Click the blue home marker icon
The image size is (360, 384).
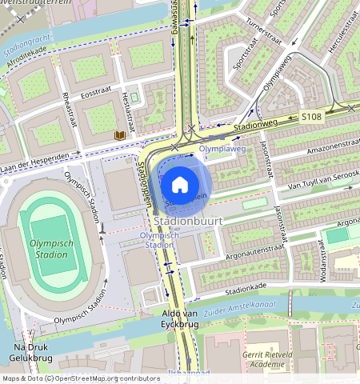[x=180, y=185]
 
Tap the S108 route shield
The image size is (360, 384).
[x=312, y=117]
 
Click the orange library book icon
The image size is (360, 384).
[x=120, y=136]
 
